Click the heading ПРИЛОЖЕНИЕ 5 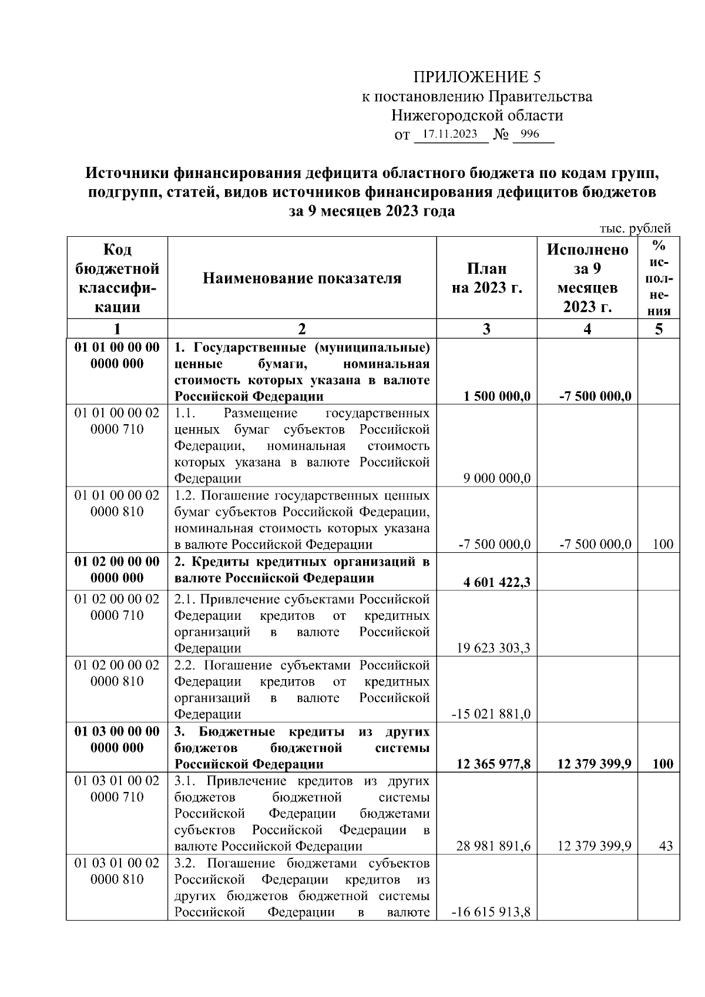pos(476,77)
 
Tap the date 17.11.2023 pos(450,135)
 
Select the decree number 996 pos(529,135)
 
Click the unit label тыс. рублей pos(634,229)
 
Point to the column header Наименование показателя pos(302,278)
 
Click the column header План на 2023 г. pos(486,278)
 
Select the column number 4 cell pos(587,328)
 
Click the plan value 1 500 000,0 pos(496,396)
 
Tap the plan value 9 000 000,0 pos(496,478)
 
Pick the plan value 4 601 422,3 pos(496,582)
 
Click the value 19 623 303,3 pos(493,648)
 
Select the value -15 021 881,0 pos(491,714)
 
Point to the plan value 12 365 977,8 pos(493,764)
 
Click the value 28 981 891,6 pos(493,846)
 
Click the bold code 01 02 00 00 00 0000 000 pos(117,569)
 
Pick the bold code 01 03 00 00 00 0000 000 pos(117,739)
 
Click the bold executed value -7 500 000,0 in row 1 pos(595,396)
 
